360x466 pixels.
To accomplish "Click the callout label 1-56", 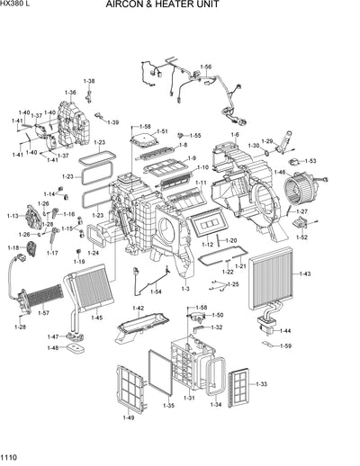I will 205,67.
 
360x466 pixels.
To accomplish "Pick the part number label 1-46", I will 280,173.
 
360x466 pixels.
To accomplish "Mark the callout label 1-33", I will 261,384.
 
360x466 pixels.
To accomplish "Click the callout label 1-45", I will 96,318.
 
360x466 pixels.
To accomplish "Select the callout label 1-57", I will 43,312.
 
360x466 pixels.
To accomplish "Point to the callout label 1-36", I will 69,93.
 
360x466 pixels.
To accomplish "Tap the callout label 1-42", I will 139,309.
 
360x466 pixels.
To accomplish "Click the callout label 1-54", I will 156,291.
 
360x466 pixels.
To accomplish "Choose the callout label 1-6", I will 235,135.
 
